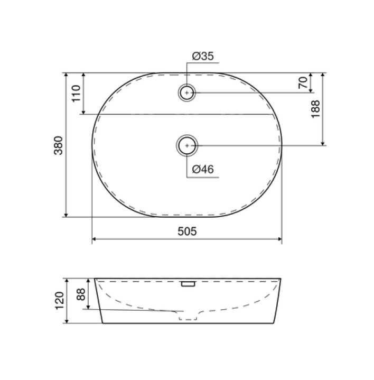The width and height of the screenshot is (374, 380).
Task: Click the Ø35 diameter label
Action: (203, 56)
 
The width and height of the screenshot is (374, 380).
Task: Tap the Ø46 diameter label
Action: (203, 169)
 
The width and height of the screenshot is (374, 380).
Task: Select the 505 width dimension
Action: (187, 231)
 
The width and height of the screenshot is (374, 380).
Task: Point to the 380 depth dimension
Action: (59, 145)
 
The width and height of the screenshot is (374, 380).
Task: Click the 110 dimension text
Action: (76, 94)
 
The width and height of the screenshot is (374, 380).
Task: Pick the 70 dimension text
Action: (303, 82)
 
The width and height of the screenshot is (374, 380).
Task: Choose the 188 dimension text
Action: (315, 109)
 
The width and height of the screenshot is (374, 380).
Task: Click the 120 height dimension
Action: (60, 301)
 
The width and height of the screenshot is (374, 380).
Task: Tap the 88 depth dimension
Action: (81, 294)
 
